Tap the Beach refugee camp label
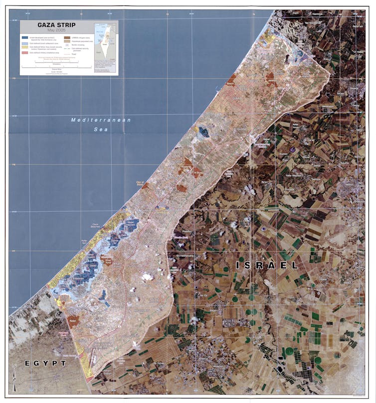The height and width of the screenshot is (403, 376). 230,84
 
